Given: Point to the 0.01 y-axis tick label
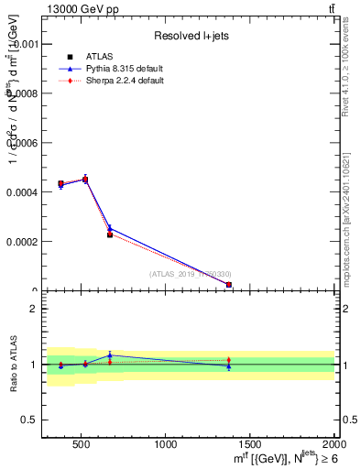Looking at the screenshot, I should point(26,44).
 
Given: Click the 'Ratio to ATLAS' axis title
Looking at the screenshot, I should point(12,365).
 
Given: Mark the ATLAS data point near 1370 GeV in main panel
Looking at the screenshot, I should point(228,285).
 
